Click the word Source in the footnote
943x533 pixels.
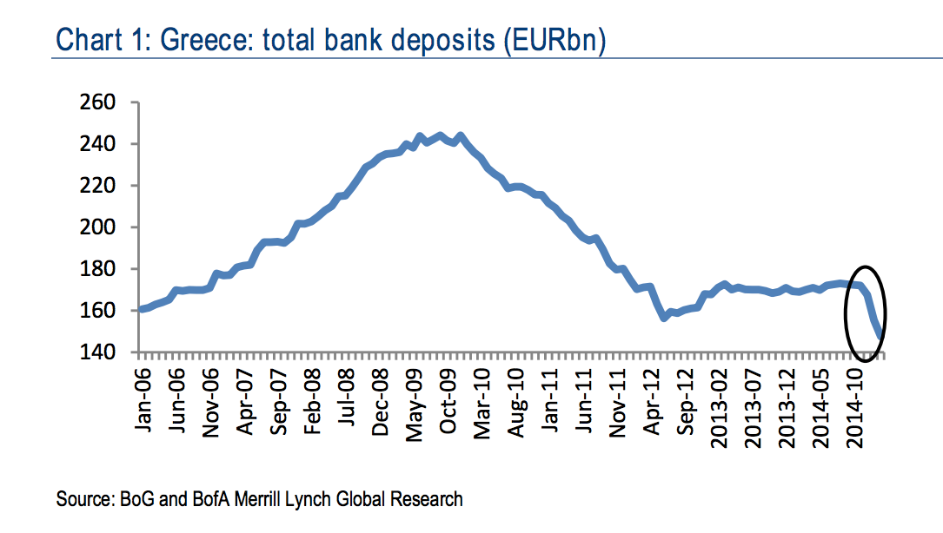pos(83,499)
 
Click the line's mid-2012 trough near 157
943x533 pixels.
pos(664,318)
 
